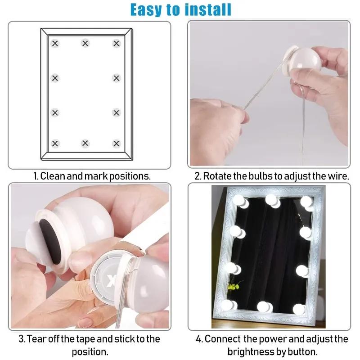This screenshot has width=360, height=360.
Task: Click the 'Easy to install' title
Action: point(180,9)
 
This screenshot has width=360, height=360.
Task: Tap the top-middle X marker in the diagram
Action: point(85,43)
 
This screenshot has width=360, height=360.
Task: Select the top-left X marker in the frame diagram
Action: point(55,43)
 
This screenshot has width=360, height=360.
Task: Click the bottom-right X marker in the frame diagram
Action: point(117,144)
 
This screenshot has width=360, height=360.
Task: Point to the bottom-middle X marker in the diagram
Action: point(85,144)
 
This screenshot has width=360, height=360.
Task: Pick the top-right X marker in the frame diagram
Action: point(117,43)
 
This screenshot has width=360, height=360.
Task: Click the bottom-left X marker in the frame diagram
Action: point(55,144)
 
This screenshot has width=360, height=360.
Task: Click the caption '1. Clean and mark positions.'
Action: point(92,176)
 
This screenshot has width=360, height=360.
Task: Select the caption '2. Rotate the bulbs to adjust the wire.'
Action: point(271,176)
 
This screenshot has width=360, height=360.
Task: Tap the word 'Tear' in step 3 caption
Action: point(39,338)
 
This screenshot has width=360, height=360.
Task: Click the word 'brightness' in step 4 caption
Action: point(250,351)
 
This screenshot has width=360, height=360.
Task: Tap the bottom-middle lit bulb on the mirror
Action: point(262,307)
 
